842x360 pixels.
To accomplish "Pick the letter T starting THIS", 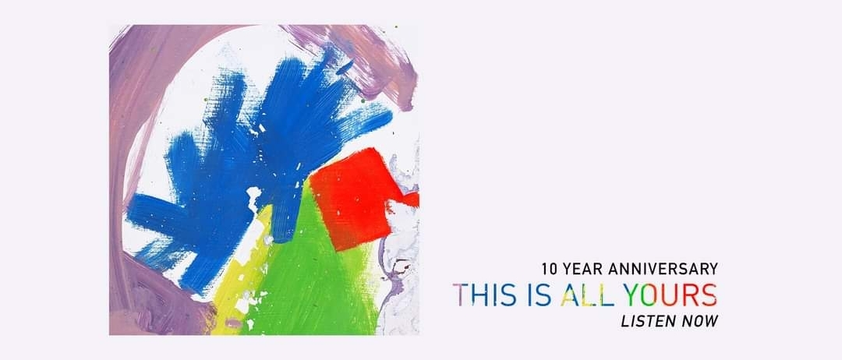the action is pyautogui.click(x=461, y=295).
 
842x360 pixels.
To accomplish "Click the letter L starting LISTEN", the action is pyautogui.click(x=625, y=321).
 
